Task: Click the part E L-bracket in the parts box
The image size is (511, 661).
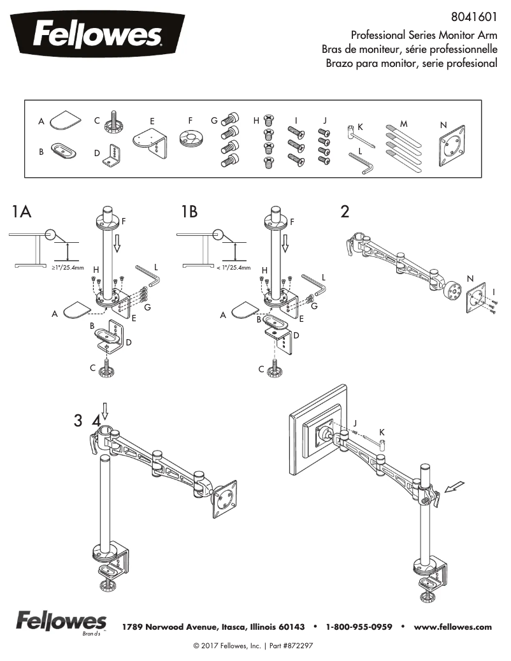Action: click(x=150, y=142)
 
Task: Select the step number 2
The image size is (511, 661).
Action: click(x=345, y=212)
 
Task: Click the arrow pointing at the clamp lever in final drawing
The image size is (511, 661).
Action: click(x=455, y=488)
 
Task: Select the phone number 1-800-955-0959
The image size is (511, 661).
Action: click(x=359, y=627)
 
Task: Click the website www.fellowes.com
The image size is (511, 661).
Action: click(x=453, y=627)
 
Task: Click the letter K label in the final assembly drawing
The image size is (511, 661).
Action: click(x=382, y=432)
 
